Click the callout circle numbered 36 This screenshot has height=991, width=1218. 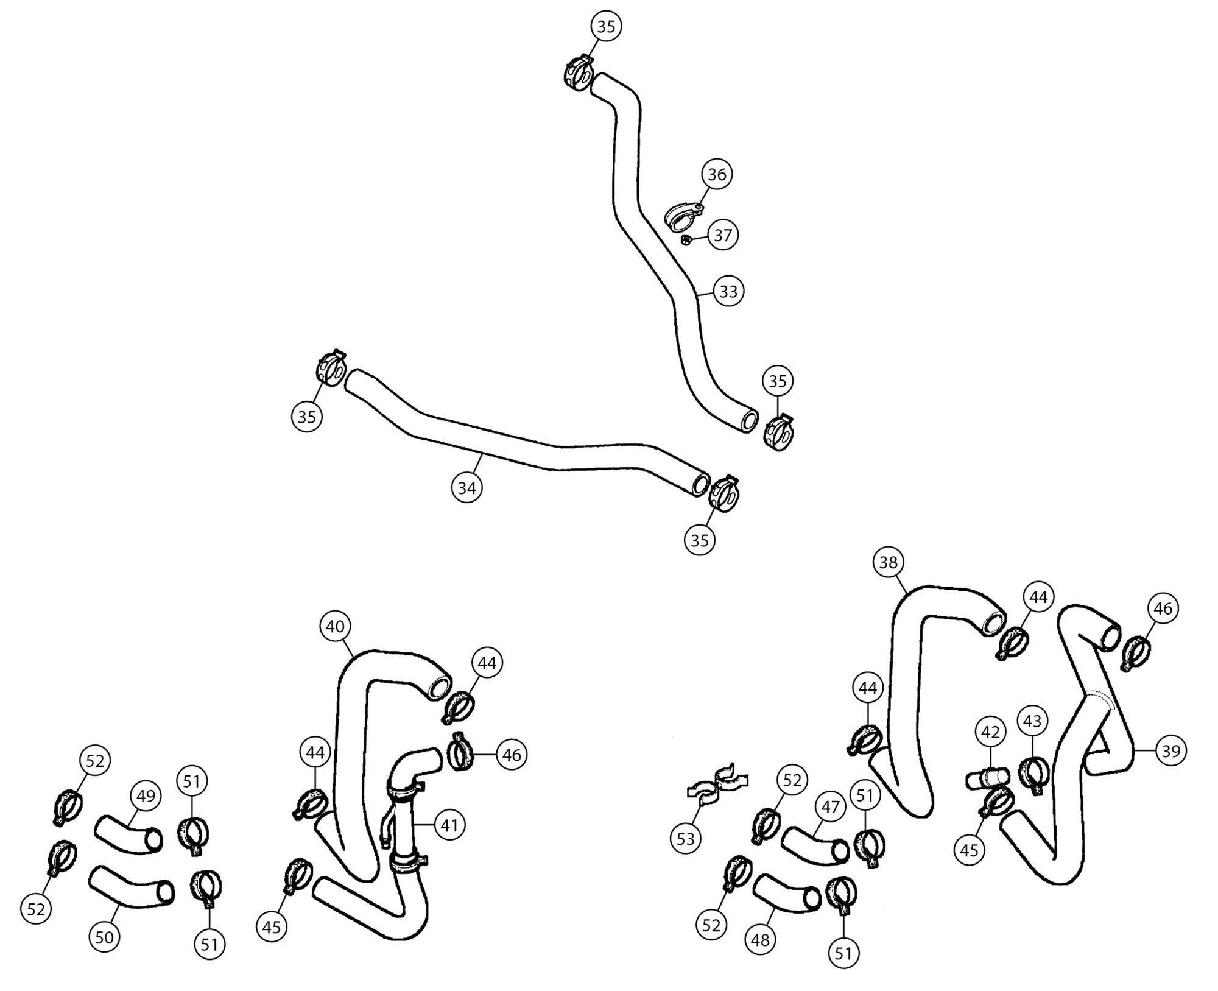717,174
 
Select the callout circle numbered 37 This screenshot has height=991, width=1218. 722,235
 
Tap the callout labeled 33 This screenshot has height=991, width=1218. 728,291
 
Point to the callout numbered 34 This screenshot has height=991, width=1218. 467,487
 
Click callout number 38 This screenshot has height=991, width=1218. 889,562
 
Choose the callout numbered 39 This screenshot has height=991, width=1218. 1170,751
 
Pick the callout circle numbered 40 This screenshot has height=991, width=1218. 336,626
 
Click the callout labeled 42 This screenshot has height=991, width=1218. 990,732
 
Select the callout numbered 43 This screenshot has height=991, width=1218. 1032,721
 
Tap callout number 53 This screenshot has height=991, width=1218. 686,839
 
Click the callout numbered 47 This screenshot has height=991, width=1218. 831,807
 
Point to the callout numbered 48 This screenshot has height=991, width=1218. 760,940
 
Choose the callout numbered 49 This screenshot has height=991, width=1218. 146,796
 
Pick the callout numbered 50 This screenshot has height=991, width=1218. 105,937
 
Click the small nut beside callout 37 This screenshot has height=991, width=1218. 685,240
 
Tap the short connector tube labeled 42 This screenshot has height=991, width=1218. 987,778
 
